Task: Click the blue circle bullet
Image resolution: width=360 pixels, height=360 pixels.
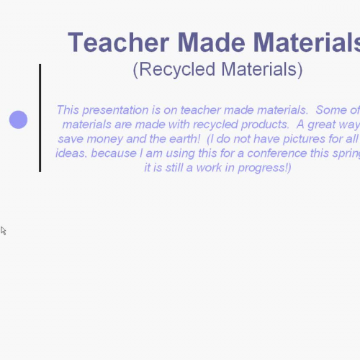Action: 18,120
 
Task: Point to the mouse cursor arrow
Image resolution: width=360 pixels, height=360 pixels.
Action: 3,230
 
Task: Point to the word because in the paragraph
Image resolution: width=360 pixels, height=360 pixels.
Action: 113,153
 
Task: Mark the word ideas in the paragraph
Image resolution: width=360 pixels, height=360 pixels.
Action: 70,153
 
